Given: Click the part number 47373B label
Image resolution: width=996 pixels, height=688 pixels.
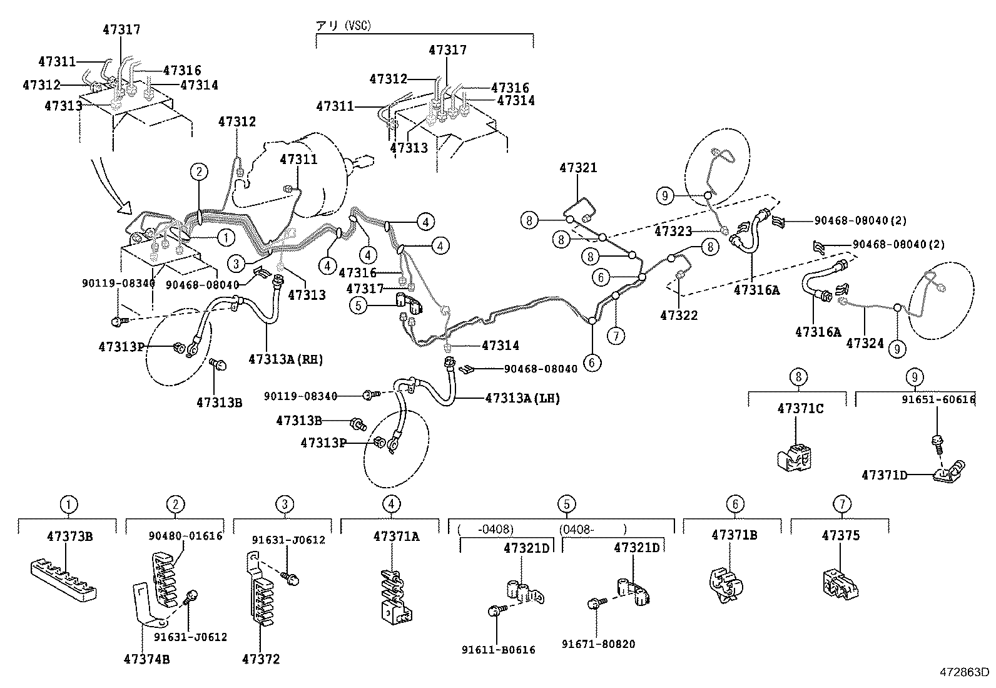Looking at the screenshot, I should [x=69, y=536].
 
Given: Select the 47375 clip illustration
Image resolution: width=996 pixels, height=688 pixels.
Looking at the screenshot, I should [x=839, y=582].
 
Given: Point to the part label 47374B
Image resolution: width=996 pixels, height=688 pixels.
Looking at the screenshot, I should [x=146, y=659].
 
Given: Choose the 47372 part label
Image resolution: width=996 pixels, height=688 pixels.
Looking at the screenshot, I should [x=262, y=659].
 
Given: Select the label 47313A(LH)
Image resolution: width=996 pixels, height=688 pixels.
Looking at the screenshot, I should [x=522, y=398].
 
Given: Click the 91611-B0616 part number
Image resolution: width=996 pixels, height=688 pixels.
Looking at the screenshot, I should [x=498, y=650].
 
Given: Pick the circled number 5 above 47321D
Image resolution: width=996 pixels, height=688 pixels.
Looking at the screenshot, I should [x=566, y=504].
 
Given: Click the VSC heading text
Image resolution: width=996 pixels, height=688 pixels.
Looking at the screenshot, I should [x=343, y=25].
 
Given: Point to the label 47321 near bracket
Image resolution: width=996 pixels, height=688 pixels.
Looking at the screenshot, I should [x=578, y=168].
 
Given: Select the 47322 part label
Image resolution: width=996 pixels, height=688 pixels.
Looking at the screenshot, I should [x=678, y=315].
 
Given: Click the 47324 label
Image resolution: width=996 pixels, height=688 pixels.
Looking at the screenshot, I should [x=865, y=343].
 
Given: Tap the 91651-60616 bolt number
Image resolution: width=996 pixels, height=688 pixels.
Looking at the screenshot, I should [x=938, y=399].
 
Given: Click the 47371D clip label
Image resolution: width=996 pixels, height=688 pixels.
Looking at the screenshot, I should [x=883, y=475].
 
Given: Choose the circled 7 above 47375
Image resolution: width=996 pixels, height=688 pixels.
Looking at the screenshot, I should [x=842, y=504].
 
